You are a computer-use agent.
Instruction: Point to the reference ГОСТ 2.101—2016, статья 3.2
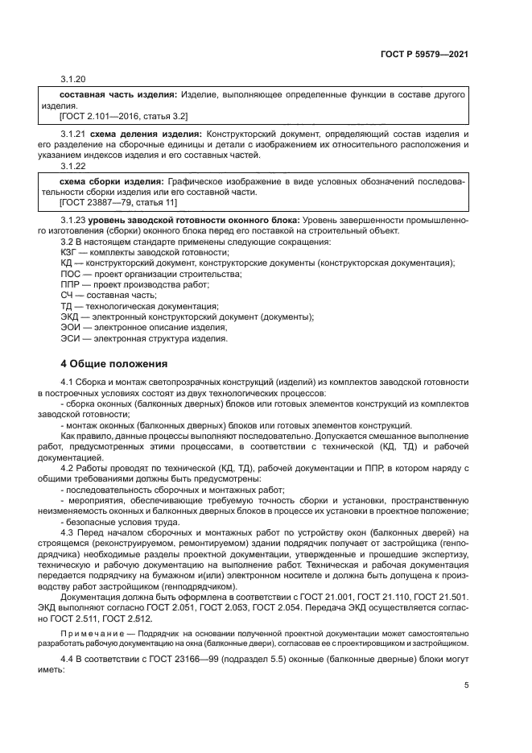[x=118, y=117]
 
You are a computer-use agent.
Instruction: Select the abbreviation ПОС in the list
[x=72, y=275]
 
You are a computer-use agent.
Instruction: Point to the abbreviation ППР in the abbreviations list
[x=72, y=285]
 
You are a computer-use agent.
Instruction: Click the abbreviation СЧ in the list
[x=68, y=296]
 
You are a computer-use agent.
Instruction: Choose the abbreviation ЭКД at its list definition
[x=72, y=317]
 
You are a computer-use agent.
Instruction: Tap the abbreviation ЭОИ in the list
[x=72, y=328]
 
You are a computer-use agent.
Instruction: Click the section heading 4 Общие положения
[x=114, y=363]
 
